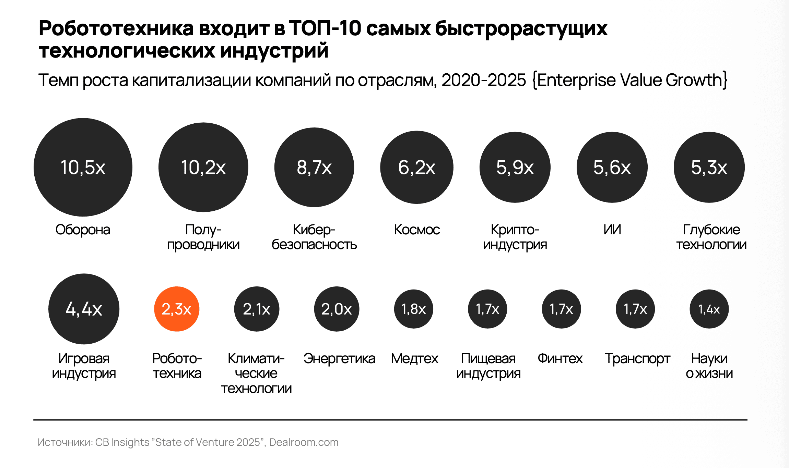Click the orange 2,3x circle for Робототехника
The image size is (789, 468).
pyautogui.click(x=176, y=309)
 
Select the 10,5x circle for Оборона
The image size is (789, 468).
pyautogui.click(x=83, y=167)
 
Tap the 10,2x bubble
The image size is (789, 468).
pyautogui.click(x=203, y=167)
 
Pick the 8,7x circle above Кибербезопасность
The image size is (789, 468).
pyautogui.click(x=314, y=167)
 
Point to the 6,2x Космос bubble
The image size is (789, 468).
pyautogui.click(x=416, y=167)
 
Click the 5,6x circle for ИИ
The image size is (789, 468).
pyautogui.click(x=612, y=167)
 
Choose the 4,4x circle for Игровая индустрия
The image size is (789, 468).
pyautogui.click(x=84, y=309)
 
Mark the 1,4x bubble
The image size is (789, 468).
pyautogui.click(x=709, y=309)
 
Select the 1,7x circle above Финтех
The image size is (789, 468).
pyautogui.click(x=561, y=309)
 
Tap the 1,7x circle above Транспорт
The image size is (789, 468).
pyautogui.click(x=635, y=309)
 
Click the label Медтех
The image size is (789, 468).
pyautogui.click(x=414, y=359)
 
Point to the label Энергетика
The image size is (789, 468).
pyautogui.click(x=339, y=359)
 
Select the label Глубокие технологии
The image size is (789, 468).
pyautogui.click(x=711, y=237)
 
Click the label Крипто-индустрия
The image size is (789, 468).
pyautogui.click(x=515, y=237)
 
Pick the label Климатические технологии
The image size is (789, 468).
pyautogui.click(x=256, y=373)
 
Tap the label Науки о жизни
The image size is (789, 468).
pyautogui.click(x=709, y=366)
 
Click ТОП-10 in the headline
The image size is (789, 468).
pyautogui.click(x=325, y=28)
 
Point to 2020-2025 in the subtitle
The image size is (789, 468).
pyautogui.click(x=484, y=80)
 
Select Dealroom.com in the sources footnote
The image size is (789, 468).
pyautogui.click(x=304, y=442)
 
